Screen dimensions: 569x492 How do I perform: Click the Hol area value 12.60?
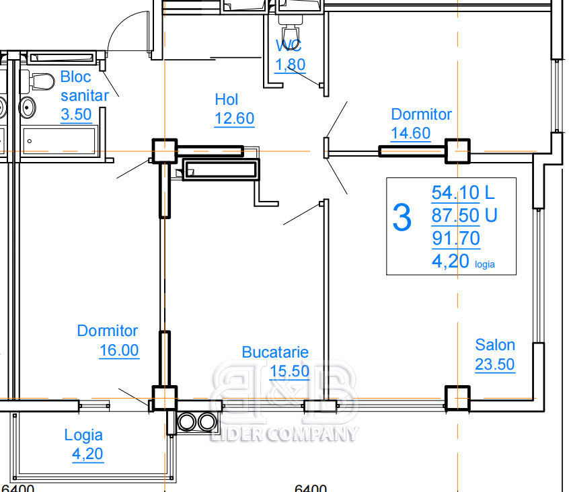235,118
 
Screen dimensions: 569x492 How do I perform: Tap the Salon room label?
495,345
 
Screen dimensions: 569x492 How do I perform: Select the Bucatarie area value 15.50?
290,371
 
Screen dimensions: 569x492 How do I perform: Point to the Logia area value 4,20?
87,454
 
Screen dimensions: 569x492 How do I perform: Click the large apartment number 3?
402,218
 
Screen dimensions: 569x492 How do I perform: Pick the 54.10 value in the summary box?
455,192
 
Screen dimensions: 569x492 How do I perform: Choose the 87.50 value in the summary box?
455,215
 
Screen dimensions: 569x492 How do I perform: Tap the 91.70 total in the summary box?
456,238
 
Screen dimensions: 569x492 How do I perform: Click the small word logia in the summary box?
484,264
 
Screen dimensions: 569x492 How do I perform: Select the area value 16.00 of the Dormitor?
119,350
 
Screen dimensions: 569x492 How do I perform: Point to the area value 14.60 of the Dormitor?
411,133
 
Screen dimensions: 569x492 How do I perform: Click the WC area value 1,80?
290,65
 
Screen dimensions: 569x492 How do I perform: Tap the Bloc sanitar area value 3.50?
76,114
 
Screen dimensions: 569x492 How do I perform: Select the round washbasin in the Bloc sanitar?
27,108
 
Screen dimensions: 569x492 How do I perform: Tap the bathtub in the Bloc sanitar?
59,141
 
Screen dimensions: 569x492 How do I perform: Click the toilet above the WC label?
290,24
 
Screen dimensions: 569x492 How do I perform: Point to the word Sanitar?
85,95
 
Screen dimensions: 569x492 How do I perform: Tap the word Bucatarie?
275,352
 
